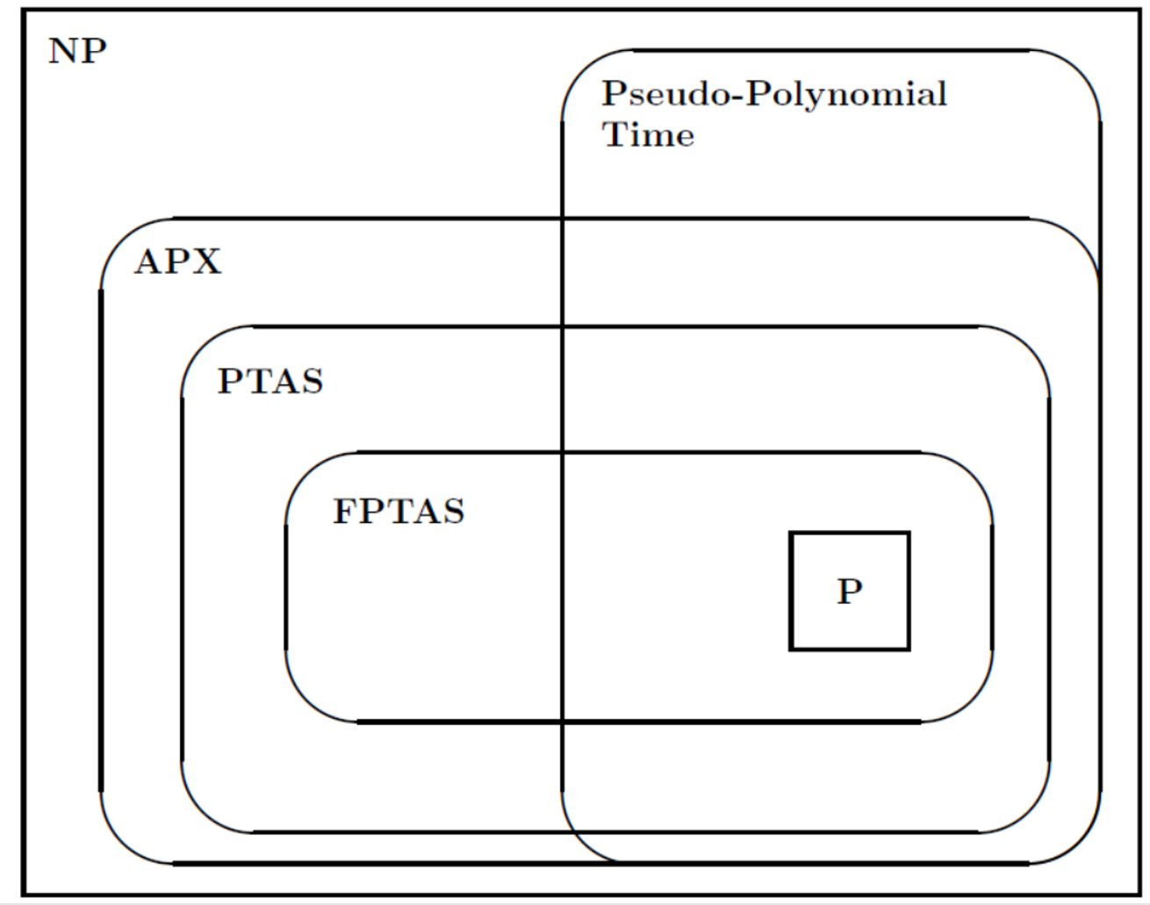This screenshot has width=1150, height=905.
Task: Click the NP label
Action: pos(77,51)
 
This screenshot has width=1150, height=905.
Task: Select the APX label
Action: pos(177,262)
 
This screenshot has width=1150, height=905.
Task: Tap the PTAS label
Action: pos(270,382)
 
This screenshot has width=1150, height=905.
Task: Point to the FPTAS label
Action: pos(399,511)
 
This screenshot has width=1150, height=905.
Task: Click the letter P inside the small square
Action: pos(849,591)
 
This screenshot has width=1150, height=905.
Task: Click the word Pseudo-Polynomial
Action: pos(773,95)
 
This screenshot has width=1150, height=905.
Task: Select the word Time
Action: pos(648,135)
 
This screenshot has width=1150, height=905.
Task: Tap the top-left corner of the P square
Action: pos(791,533)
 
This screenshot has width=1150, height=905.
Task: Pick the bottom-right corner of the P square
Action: pos(908,649)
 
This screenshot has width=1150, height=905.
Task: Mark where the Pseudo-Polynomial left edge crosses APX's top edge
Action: pos(563,218)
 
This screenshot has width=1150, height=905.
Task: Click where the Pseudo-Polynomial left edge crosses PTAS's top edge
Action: pos(563,327)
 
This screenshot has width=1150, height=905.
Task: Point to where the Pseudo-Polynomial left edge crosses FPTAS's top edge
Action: pos(563,453)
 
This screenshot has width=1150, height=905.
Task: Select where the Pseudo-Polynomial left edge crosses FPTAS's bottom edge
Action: pos(563,722)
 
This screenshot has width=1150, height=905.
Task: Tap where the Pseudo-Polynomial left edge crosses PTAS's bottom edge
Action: pos(563,831)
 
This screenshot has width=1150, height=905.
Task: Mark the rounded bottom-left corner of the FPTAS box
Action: pos(305,701)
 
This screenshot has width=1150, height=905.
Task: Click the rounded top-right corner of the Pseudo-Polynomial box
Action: pos(1080,70)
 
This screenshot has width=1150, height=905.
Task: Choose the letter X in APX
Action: pos(206,262)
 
